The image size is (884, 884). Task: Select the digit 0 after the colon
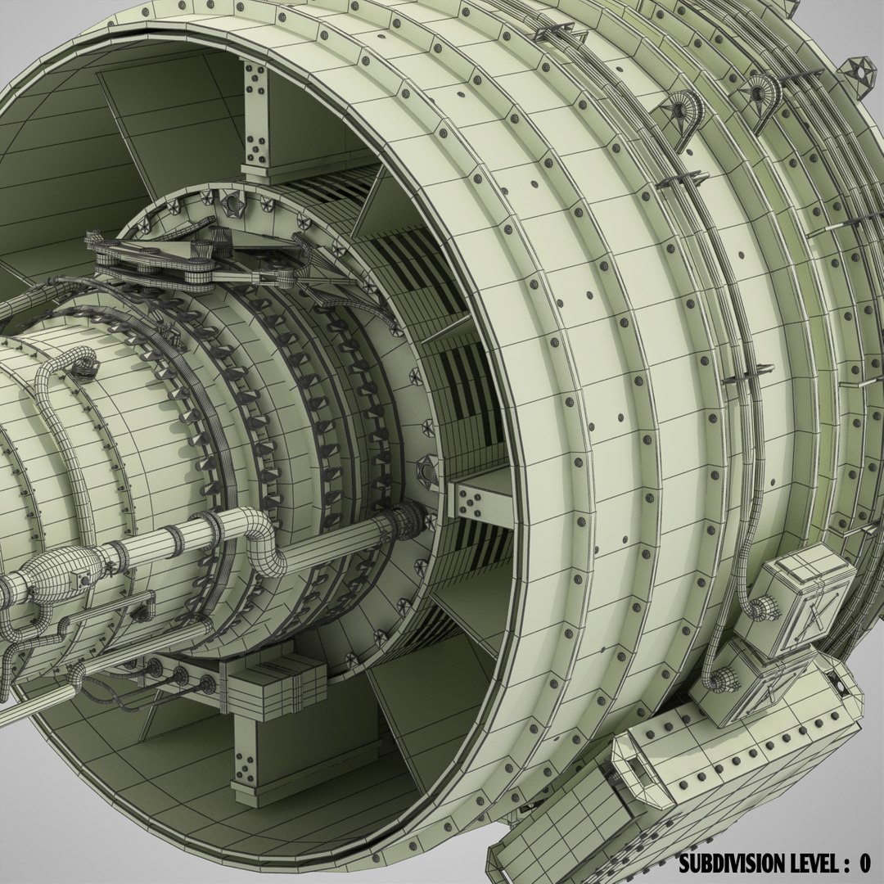[x=864, y=863]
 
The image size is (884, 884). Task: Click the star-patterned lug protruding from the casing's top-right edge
[x=860, y=72]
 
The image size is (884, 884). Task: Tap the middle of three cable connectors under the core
[x=178, y=676]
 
